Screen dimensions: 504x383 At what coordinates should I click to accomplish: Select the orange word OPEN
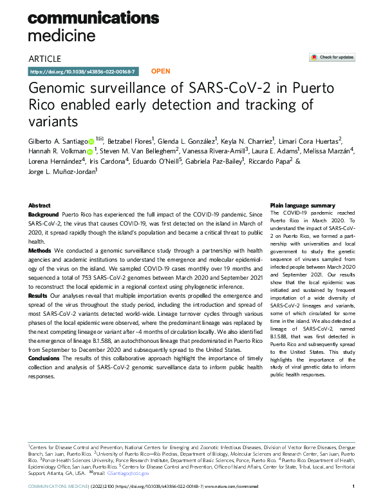pos(160,71)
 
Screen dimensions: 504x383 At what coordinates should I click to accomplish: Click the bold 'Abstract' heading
pos(40,205)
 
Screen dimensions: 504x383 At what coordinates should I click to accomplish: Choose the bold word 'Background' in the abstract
pos(43,213)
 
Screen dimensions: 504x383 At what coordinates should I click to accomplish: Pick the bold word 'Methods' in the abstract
pos(40,249)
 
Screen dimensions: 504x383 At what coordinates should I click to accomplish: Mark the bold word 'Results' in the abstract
pos(39,294)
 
